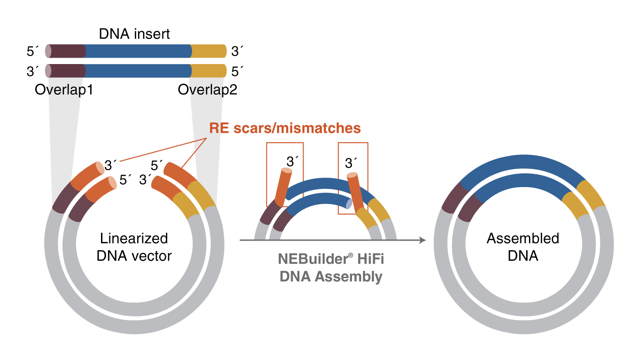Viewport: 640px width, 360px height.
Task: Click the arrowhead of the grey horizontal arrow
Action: (423, 240)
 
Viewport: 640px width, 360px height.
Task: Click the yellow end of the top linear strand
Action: (208, 51)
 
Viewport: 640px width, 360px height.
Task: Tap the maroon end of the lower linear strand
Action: (67, 71)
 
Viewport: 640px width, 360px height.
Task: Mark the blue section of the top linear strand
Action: (137, 51)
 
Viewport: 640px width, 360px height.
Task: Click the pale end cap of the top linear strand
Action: (48, 51)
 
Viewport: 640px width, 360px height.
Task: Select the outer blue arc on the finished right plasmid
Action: (521, 162)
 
